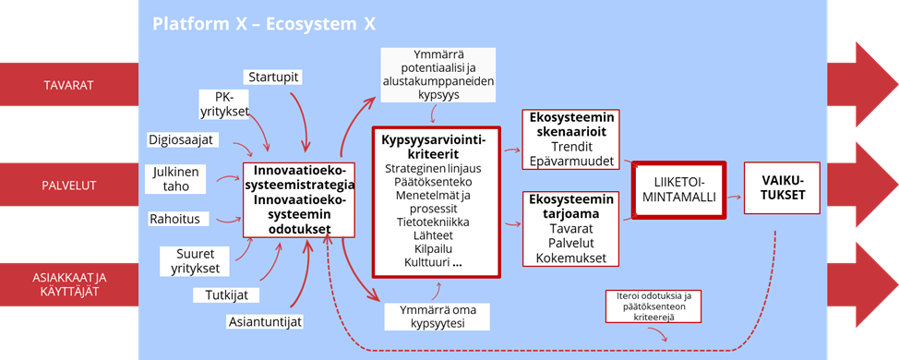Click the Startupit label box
272,78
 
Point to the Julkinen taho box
179,178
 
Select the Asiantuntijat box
264,321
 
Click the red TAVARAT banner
69,85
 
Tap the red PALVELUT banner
69,186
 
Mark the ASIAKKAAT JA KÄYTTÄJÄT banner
69,284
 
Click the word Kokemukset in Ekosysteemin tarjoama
571,258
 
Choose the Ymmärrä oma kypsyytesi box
438,317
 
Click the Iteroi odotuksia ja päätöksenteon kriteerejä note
653,305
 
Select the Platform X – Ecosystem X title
264,25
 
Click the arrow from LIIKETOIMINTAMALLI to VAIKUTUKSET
735,196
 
